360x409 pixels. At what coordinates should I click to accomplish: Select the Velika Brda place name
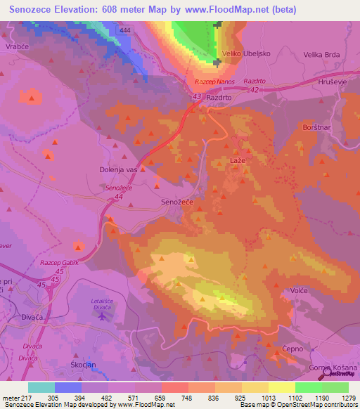coord(322,53)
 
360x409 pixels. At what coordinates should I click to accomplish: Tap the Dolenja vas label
coord(117,169)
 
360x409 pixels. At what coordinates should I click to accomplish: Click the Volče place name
coord(300,290)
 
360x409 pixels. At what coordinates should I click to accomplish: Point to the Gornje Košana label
coord(334,367)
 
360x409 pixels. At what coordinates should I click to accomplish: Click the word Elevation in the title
coord(81,10)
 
